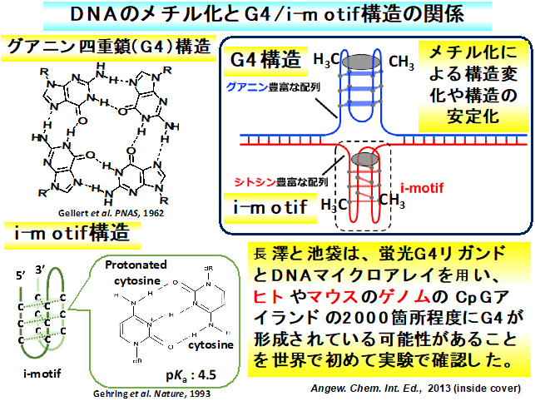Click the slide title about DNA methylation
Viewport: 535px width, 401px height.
click(x=266, y=15)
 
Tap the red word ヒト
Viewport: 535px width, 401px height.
click(x=262, y=299)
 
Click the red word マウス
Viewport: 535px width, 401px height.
click(x=315, y=299)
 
